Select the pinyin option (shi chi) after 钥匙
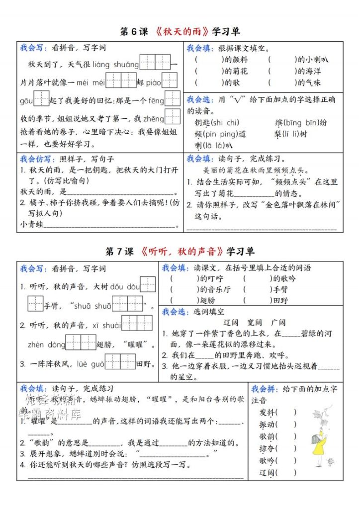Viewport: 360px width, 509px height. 225,123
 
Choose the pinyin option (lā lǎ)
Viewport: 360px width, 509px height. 214,146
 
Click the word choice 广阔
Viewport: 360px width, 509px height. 279,322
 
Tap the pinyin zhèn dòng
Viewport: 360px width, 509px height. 46,344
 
